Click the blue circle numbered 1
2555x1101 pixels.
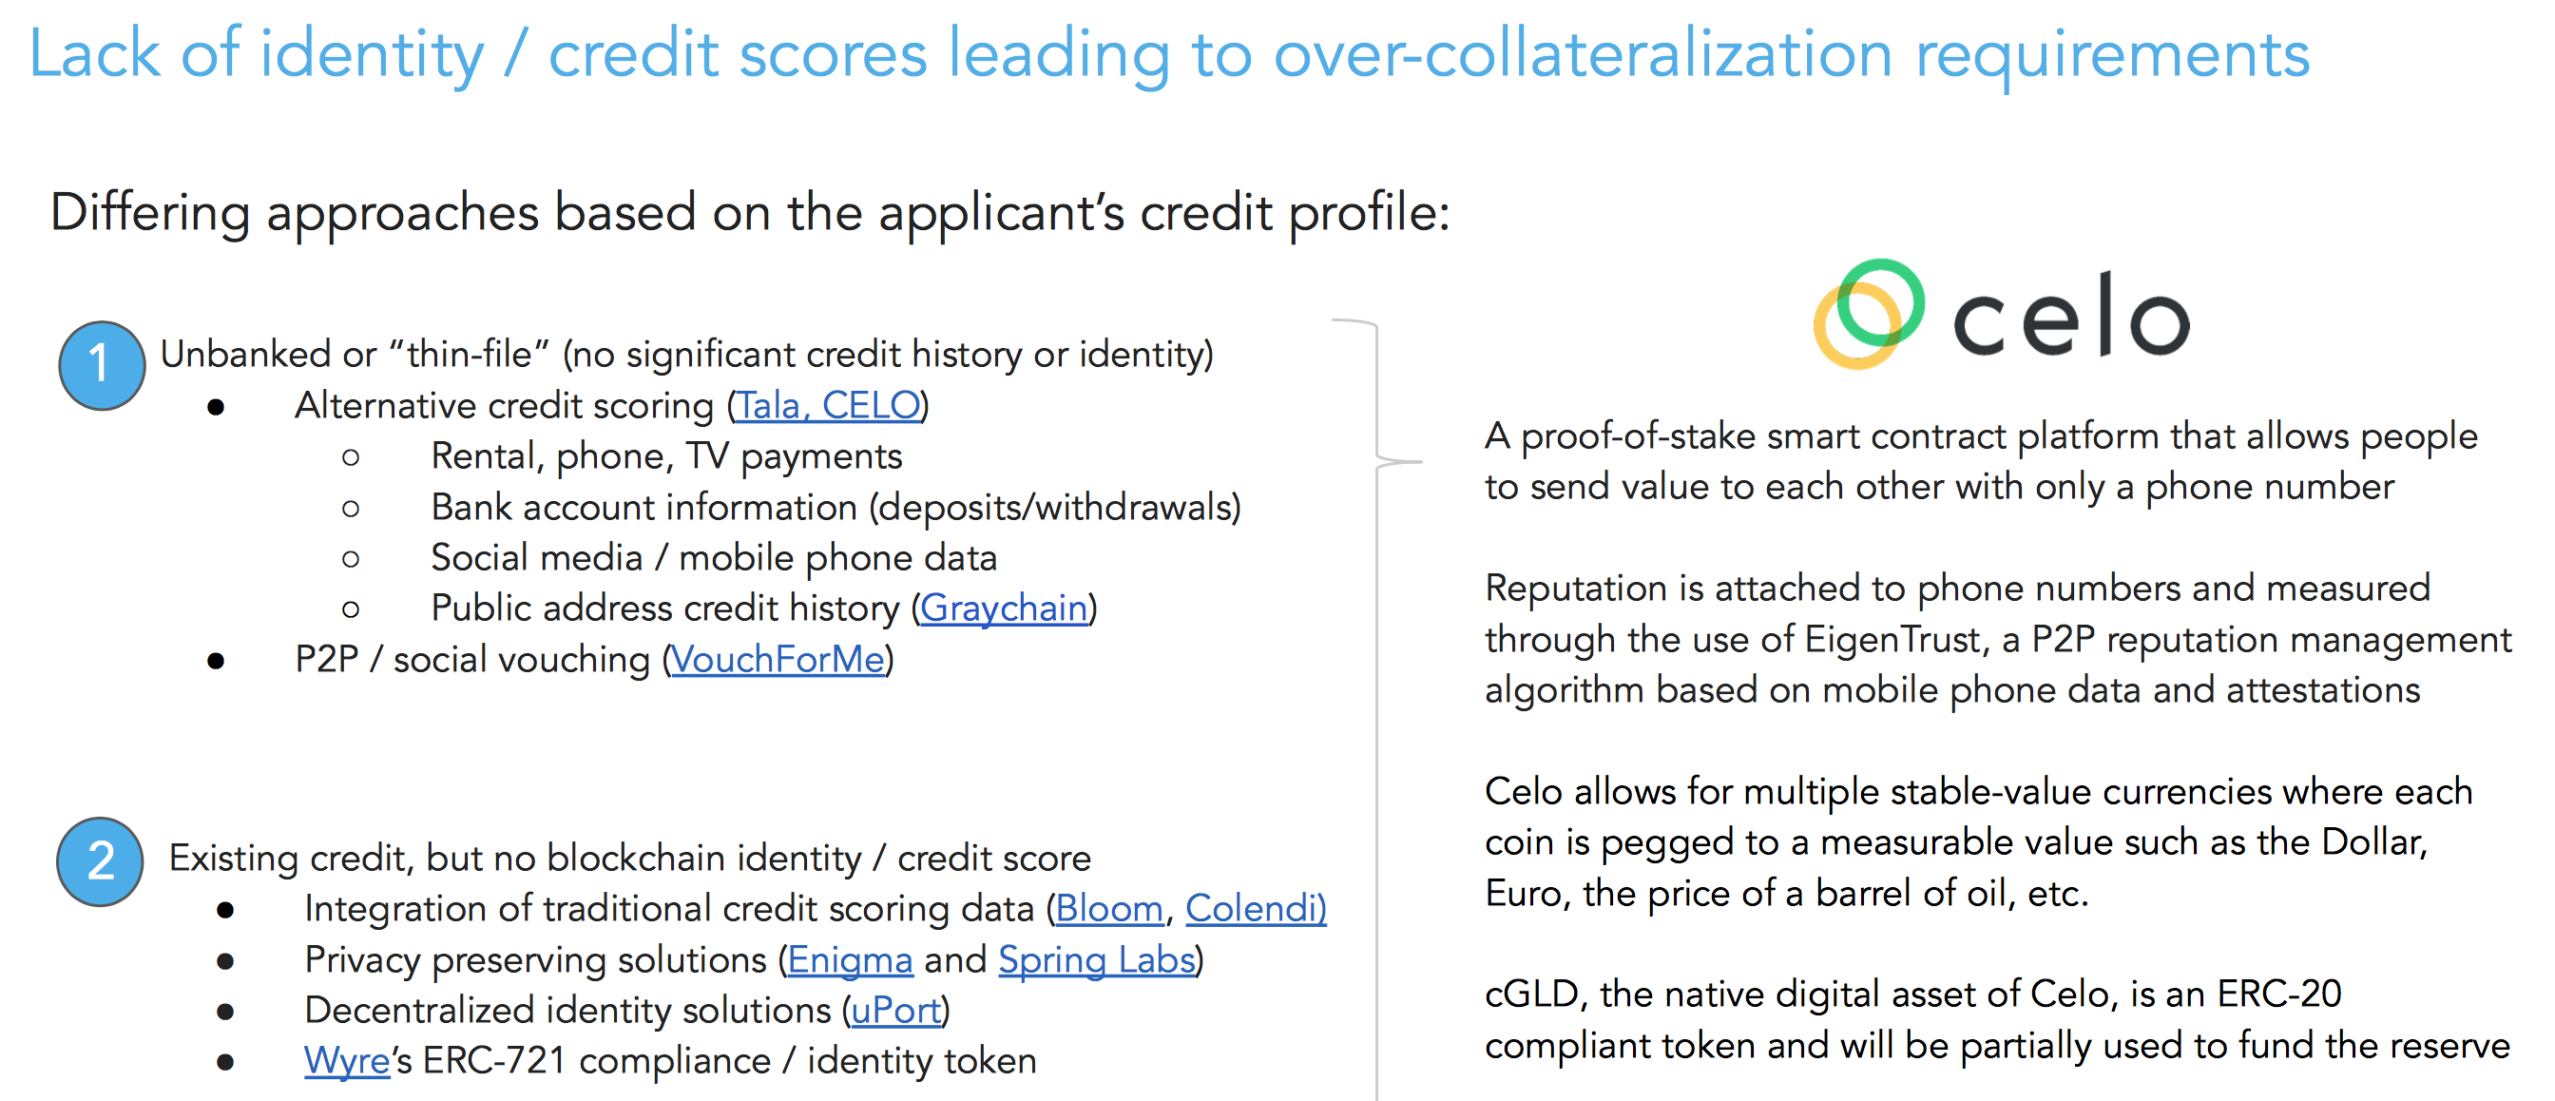pos(101,365)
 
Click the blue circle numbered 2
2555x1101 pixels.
pos(99,861)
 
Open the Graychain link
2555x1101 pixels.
pos(1004,609)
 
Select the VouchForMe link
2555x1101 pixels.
pos(778,660)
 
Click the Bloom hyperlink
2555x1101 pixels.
pos(1109,909)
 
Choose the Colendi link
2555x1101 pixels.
pos(1256,909)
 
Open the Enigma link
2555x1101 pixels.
pos(850,960)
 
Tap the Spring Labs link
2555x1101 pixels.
pos(1097,960)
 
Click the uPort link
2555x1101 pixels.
pos(896,1011)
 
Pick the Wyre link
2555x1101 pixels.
pos(347,1061)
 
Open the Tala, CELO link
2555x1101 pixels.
pos(827,406)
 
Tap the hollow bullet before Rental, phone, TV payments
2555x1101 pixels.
pos(350,457)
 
